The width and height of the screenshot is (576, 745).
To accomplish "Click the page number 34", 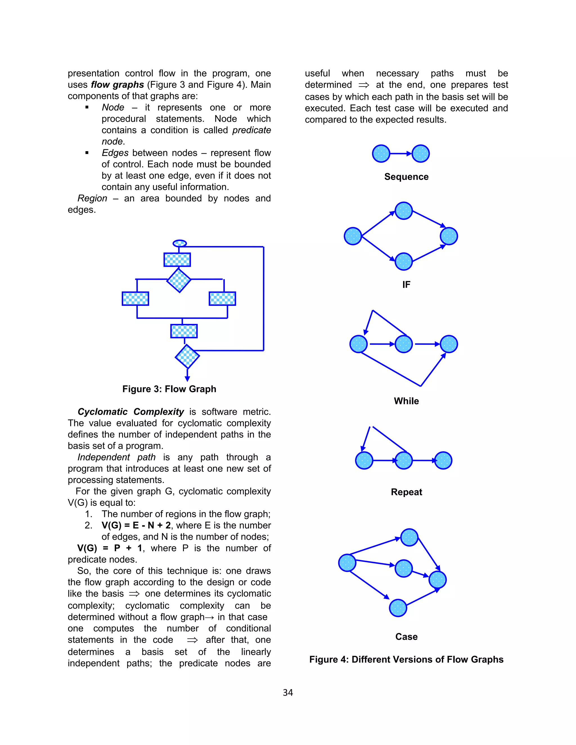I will point(288,692).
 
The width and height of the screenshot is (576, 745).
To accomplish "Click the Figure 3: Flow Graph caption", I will point(169,389).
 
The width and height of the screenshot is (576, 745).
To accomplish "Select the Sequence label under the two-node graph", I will point(406,177).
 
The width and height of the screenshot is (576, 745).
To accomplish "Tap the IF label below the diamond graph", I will point(406,285).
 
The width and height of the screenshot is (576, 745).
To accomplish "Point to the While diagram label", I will point(406,401).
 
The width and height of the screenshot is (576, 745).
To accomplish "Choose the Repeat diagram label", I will point(406,492).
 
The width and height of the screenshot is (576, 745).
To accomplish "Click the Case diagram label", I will point(406,636).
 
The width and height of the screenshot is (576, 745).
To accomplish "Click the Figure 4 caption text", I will point(406,659).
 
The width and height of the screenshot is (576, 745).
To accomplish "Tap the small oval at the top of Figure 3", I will point(179,243).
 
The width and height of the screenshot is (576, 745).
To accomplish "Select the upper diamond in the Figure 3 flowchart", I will point(179,280).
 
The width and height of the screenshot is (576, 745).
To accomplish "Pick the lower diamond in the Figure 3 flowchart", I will point(187,356).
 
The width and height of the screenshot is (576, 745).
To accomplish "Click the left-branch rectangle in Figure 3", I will point(136,299).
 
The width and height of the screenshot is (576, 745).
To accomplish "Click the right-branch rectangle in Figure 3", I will point(222,299).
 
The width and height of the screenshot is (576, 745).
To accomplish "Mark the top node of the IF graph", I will point(404,211).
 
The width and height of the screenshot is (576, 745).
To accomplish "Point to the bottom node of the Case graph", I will point(398,608).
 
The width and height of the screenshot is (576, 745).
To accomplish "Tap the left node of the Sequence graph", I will point(381,153).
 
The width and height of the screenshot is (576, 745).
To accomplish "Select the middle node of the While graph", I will point(404,344).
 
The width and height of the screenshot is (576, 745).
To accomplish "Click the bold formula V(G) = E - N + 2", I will point(136,525).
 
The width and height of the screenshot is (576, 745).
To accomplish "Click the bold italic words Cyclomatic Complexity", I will point(131,412).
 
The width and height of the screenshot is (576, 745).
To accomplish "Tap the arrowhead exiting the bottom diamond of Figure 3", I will point(187,379).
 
